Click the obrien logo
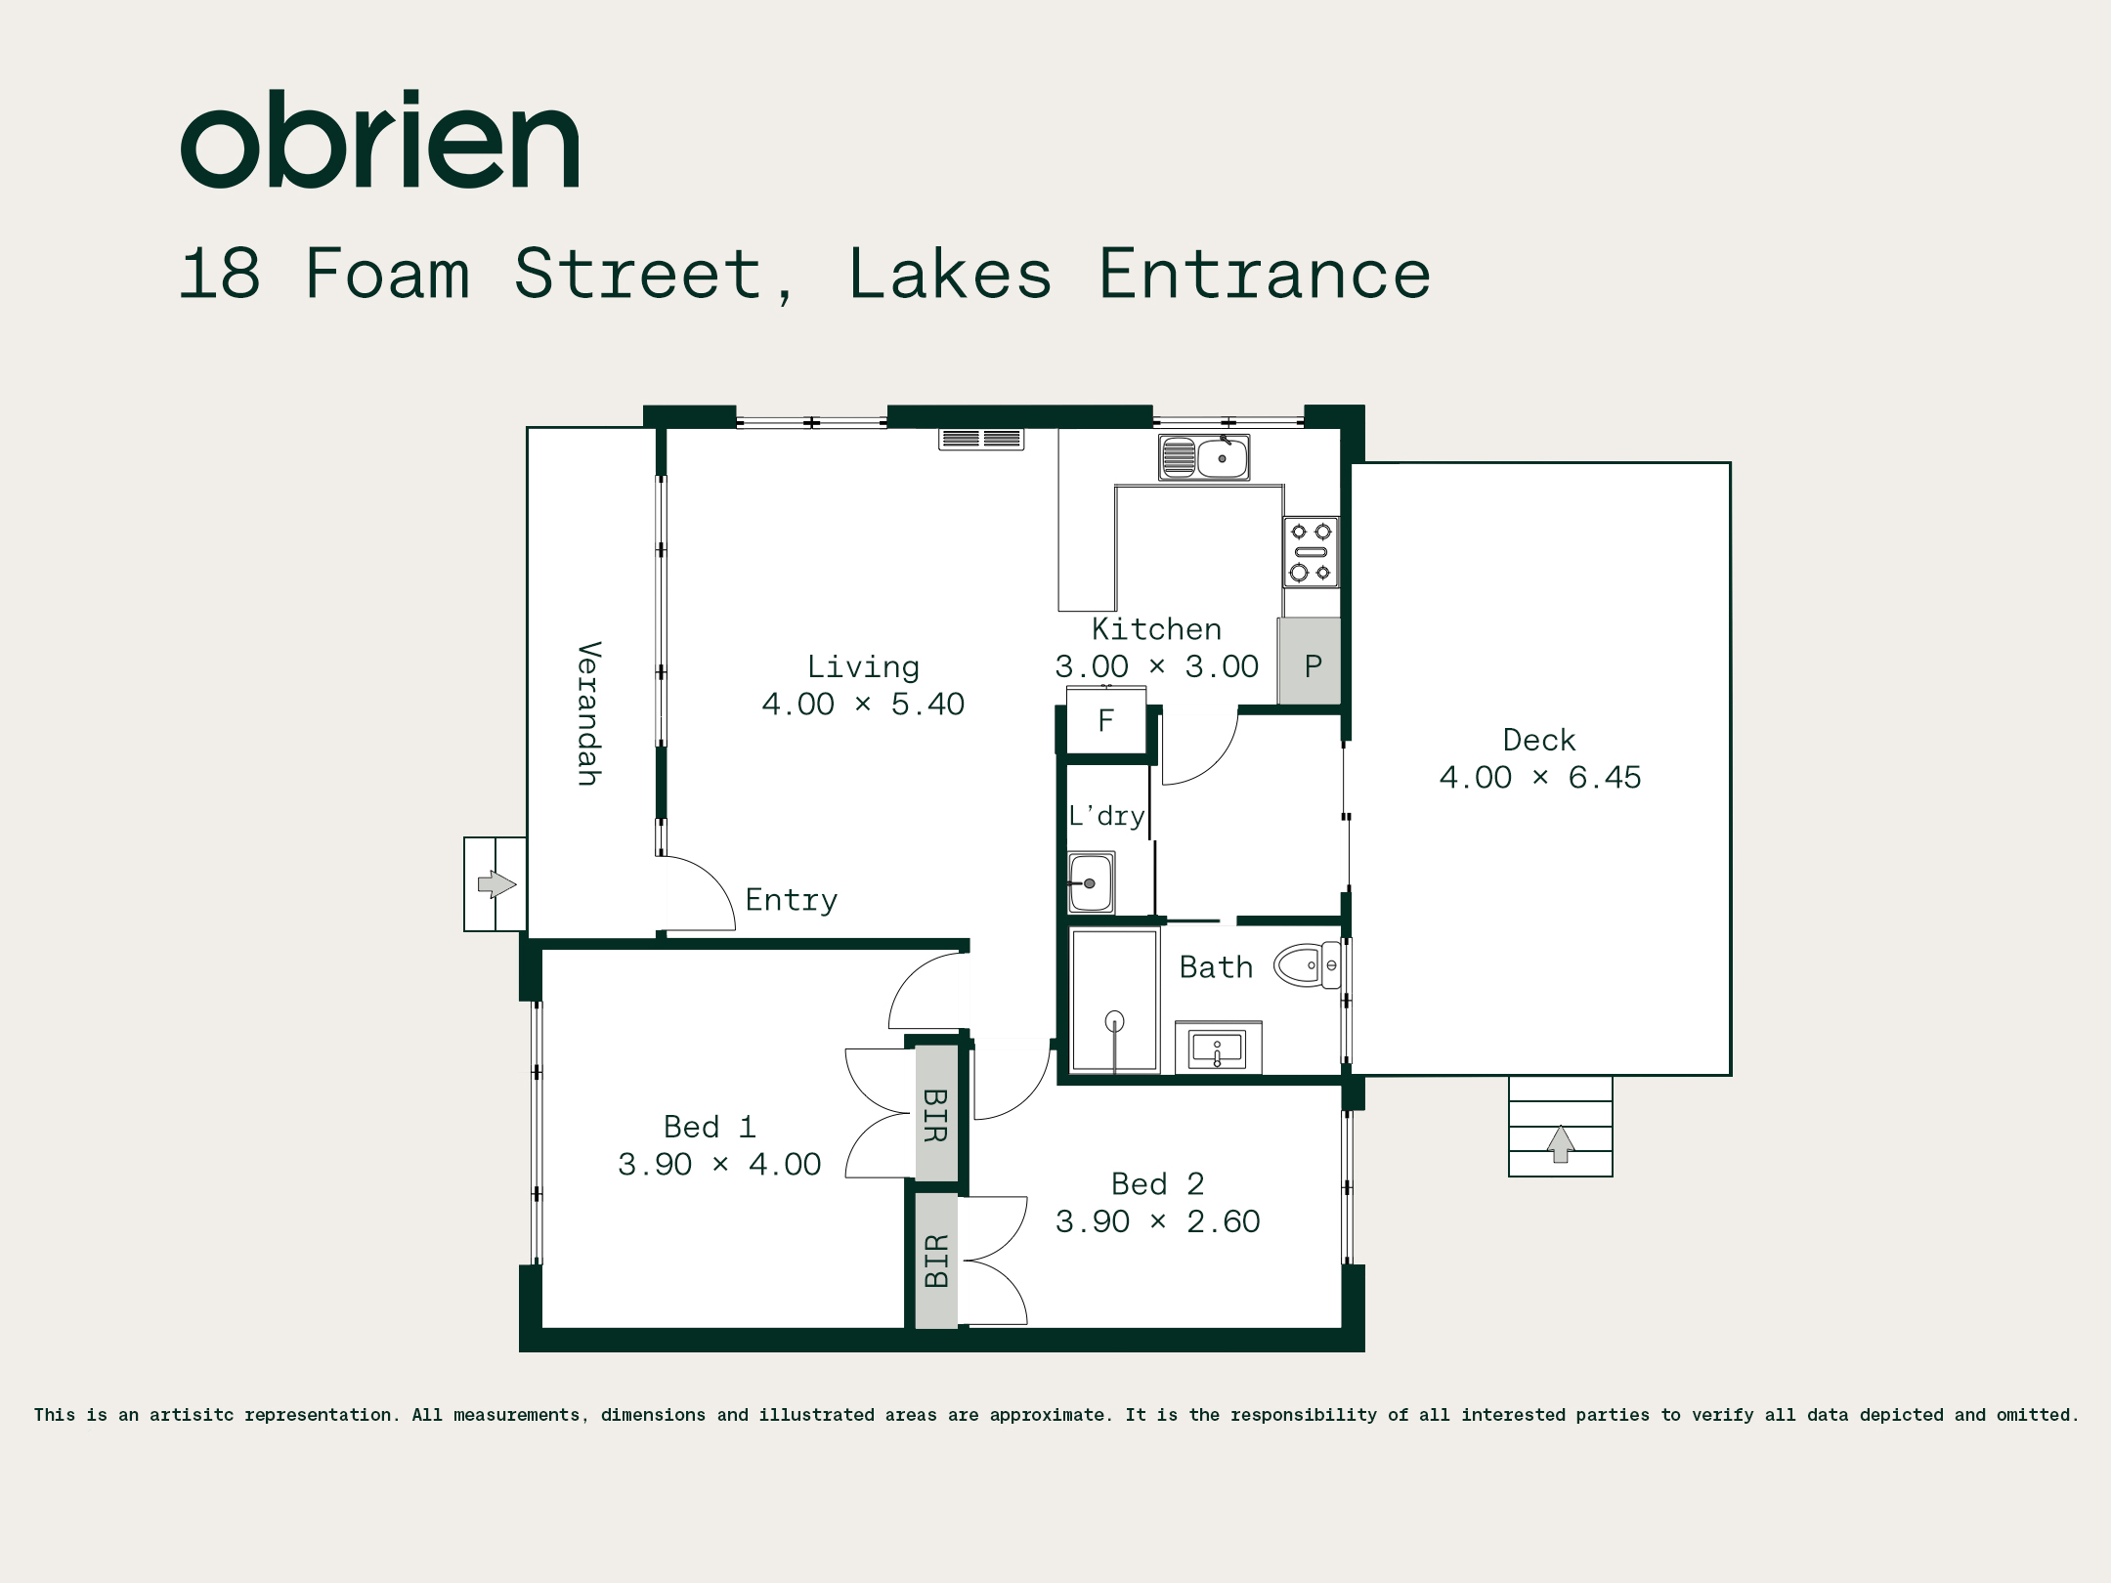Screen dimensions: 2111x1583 (x=380, y=139)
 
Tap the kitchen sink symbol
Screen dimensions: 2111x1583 (x=1204, y=457)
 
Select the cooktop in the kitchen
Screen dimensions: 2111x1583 (x=1311, y=552)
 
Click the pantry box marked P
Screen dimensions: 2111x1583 (x=1310, y=661)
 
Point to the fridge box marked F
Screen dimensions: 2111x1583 (x=1106, y=720)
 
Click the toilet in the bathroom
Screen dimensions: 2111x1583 (x=1307, y=965)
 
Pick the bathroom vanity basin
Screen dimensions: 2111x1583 (x=1218, y=1048)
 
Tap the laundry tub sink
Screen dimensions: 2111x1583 (x=1091, y=882)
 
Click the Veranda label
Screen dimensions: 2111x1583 (x=588, y=713)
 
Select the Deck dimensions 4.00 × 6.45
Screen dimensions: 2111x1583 (x=1540, y=778)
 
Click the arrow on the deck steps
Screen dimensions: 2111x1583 (x=1561, y=1143)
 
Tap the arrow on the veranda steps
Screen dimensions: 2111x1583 (x=496, y=884)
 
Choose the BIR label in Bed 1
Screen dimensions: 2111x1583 (x=935, y=1115)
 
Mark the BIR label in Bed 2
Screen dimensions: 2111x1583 (x=936, y=1261)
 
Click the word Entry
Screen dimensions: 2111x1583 (x=792, y=900)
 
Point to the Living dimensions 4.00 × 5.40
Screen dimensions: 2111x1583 (x=863, y=705)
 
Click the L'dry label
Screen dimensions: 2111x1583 (x=1106, y=815)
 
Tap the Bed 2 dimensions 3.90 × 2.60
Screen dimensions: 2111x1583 (x=1158, y=1221)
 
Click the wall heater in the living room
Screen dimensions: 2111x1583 (x=981, y=439)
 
